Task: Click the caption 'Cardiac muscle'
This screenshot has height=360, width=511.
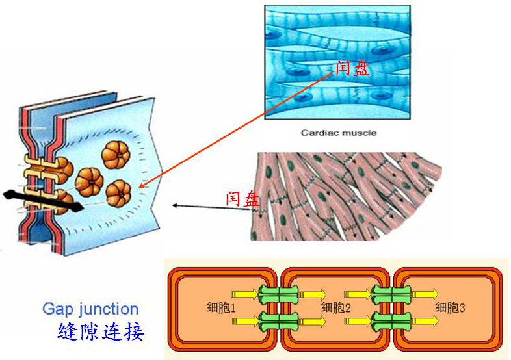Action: click(338, 133)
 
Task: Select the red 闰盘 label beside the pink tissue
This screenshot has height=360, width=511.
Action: click(242, 198)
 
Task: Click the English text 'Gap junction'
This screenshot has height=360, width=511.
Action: click(90, 309)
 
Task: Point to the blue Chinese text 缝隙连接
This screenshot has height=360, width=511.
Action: click(101, 331)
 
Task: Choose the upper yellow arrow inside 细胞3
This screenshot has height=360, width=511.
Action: click(425, 294)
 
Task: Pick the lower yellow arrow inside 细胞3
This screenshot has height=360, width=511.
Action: click(425, 321)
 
